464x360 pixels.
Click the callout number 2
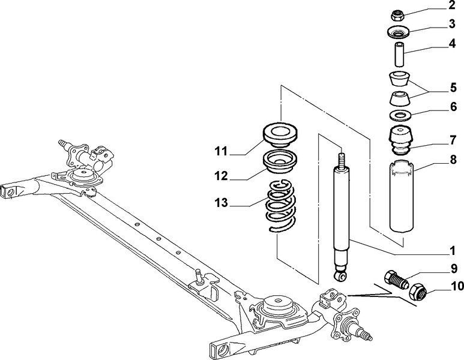451,7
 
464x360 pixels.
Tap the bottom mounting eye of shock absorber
342,277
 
